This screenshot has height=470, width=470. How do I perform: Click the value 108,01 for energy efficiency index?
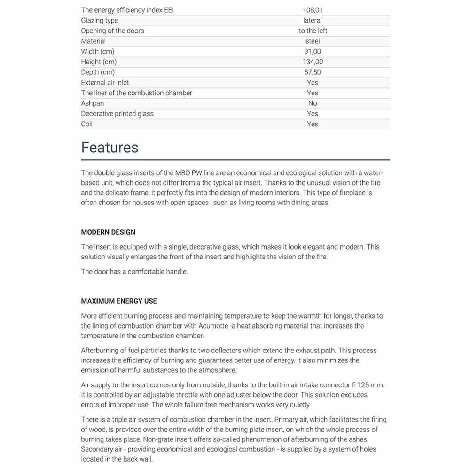(x=313, y=10)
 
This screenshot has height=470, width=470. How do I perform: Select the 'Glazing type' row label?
(x=100, y=20)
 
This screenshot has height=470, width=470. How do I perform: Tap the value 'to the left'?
(x=313, y=31)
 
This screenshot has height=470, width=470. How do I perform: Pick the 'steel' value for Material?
(x=313, y=41)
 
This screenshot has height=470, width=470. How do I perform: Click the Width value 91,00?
(x=313, y=51)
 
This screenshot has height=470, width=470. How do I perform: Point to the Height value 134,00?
(x=313, y=62)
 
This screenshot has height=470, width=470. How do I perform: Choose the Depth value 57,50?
(x=313, y=72)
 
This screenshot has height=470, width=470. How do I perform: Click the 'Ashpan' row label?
(x=93, y=103)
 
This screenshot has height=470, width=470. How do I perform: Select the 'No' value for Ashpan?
(x=313, y=103)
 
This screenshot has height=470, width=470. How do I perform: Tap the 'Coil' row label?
(x=87, y=124)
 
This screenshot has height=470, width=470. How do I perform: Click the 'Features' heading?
(x=110, y=148)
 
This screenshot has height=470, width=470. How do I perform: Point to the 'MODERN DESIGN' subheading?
(x=108, y=232)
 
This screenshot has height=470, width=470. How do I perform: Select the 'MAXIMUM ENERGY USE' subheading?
(x=119, y=301)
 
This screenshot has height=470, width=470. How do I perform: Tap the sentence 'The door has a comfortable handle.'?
(x=134, y=272)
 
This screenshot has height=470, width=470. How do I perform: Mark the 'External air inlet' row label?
(x=105, y=82)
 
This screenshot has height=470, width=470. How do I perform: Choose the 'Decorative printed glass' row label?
(x=117, y=113)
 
